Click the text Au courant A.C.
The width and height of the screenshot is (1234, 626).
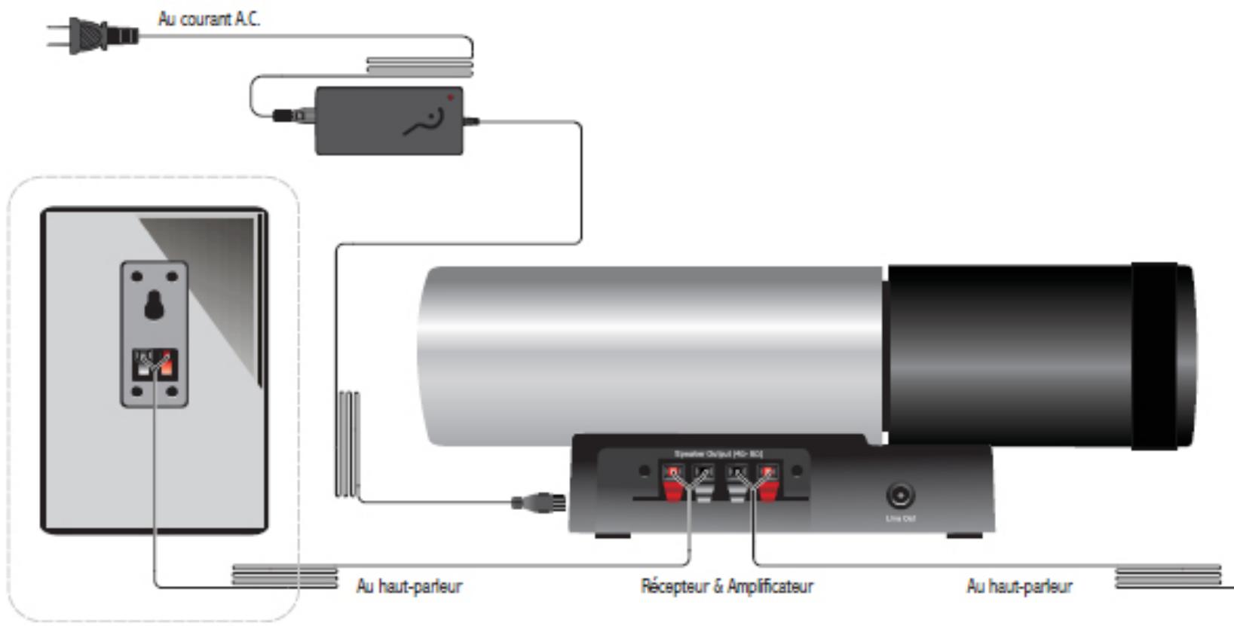coord(209,19)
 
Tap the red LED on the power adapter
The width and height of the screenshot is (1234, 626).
coord(450,97)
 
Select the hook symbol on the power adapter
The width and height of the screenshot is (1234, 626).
coord(425,122)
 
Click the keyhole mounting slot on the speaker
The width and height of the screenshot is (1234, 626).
coord(155,305)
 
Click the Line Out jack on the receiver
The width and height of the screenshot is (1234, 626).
coord(900,496)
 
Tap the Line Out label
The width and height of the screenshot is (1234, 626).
coord(900,519)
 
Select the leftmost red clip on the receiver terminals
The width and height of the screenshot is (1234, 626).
coord(673,486)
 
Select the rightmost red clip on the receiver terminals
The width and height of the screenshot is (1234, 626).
coord(767,486)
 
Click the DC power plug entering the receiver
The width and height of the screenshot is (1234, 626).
coord(539,502)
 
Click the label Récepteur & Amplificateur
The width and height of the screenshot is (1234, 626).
coord(727,586)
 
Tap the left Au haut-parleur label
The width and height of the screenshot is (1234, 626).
coord(409,586)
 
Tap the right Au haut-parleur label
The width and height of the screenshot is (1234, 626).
coord(1019,586)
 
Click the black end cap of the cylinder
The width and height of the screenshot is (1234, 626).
coord(1161,356)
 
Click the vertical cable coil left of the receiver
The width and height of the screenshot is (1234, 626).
coord(347,444)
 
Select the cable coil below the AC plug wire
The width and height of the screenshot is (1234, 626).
coord(419,67)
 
